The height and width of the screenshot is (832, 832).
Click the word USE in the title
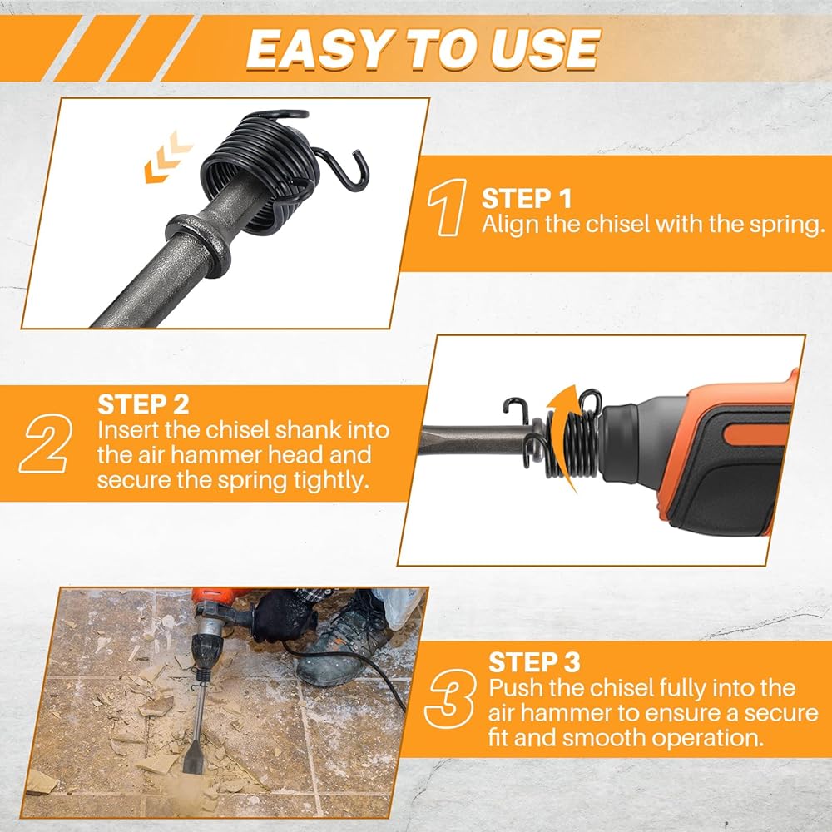(x=546, y=49)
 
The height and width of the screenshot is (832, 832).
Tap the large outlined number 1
(x=448, y=207)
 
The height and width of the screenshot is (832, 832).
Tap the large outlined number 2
(x=45, y=444)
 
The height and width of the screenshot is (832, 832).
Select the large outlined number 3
(x=449, y=699)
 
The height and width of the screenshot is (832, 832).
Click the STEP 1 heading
(x=527, y=199)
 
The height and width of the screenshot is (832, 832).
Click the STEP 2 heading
(x=143, y=404)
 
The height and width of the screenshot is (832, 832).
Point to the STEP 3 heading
(x=534, y=662)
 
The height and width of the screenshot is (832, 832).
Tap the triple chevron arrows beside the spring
(x=168, y=157)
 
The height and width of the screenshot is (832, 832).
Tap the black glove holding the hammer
(x=284, y=616)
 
